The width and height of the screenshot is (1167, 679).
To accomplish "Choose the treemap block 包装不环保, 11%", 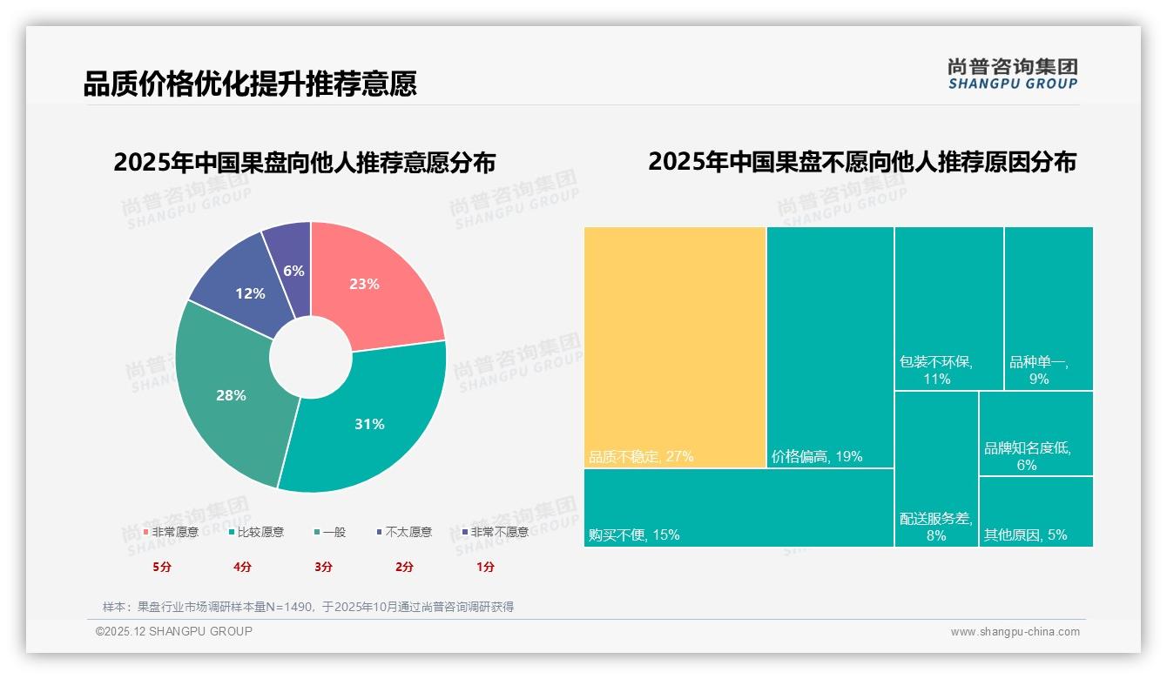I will (x=948, y=308).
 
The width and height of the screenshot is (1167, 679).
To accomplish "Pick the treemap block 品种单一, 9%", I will (x=1049, y=308).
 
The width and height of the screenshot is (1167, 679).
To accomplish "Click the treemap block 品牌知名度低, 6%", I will (x=1035, y=433).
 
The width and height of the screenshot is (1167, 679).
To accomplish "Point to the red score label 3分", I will (x=323, y=567).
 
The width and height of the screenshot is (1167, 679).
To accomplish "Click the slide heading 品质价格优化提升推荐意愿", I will (x=250, y=84).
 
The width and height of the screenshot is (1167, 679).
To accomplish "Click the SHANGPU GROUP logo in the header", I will (x=1012, y=74).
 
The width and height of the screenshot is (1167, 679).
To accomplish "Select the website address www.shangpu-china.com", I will (x=1015, y=632).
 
